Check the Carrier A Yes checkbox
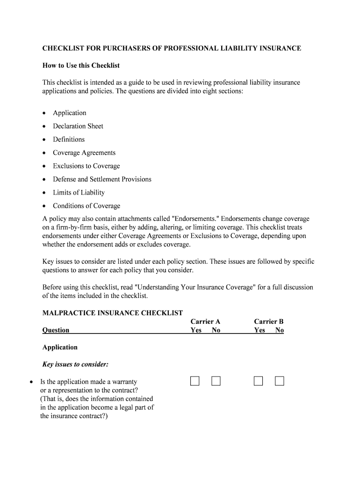195,381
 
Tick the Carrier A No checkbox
216,381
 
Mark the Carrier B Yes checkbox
259,381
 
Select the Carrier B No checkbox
280,381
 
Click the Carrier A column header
205,321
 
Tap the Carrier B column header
269,321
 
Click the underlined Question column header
56,330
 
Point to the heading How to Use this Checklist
81,65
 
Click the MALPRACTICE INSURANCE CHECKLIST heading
112,313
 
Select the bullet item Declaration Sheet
78,126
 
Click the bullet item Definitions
69,139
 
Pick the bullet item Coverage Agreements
84,153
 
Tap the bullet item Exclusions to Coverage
86,166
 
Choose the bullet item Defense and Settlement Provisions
102,179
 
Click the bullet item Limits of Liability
79,193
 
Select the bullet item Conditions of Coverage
86,206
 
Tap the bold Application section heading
60,347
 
